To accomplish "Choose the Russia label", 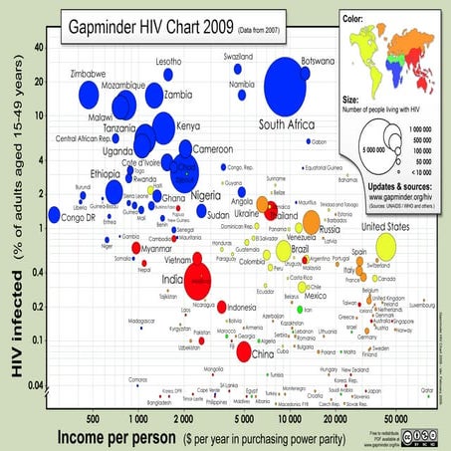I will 332,231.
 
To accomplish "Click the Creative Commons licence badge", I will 415,435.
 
